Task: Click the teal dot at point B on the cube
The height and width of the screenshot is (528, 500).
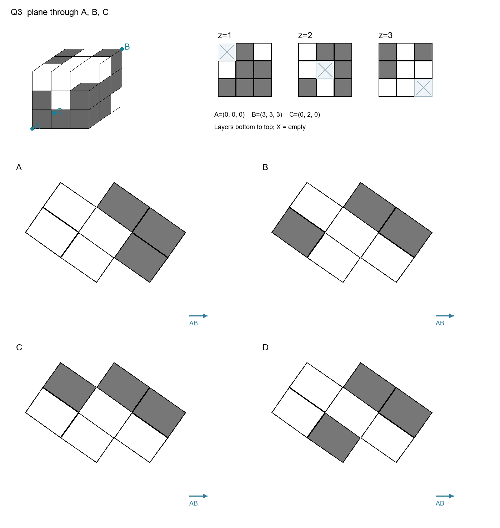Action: click(122, 49)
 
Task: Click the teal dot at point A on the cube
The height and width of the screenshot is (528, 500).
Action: click(32, 129)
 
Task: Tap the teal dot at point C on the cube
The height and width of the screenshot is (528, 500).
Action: click(54, 113)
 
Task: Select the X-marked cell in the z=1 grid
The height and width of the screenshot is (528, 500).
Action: click(227, 52)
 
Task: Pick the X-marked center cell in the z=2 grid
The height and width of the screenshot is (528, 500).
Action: click(325, 70)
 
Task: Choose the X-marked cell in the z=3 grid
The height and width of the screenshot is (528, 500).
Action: click(423, 87)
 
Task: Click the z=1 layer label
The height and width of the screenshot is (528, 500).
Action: click(225, 35)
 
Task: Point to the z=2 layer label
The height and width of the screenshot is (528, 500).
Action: click(305, 35)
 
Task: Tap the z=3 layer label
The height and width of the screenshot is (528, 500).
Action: click(385, 35)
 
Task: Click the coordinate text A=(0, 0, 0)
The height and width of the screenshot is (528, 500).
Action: click(229, 115)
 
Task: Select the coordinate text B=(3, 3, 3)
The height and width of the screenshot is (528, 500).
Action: click(267, 115)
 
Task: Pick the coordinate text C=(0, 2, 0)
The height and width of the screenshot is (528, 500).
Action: click(305, 115)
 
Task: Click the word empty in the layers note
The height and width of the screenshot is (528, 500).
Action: click(297, 127)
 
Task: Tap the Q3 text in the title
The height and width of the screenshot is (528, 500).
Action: click(16, 12)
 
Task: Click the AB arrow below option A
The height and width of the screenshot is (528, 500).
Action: click(198, 316)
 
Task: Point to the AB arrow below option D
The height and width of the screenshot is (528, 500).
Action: click(445, 496)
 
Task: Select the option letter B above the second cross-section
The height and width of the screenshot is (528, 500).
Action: click(265, 167)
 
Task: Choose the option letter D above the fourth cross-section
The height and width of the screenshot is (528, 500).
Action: click(265, 347)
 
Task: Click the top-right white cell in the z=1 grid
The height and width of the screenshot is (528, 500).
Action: click(262, 52)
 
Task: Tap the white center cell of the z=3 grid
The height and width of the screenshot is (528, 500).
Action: click(405, 70)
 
